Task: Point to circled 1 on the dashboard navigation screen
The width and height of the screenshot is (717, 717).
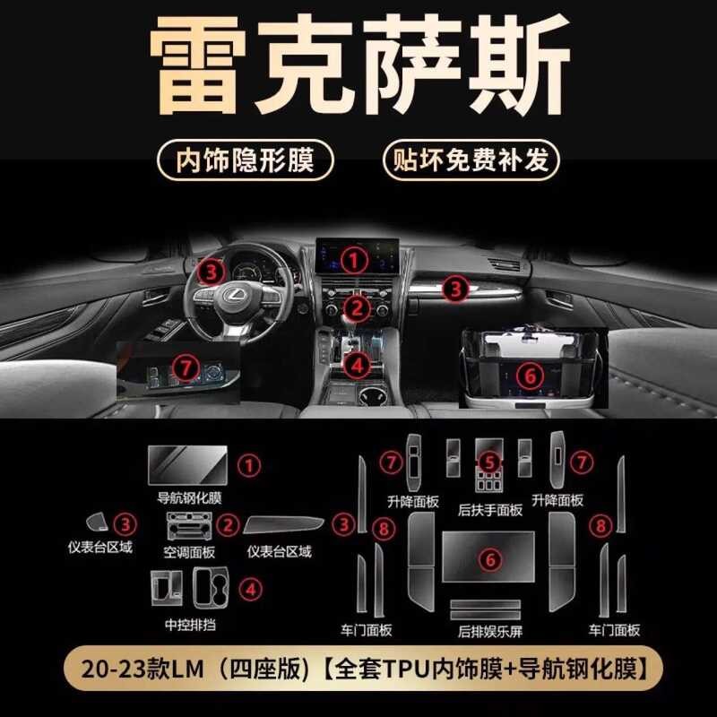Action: (x=358, y=260)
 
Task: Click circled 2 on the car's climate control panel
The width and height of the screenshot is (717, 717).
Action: (x=358, y=310)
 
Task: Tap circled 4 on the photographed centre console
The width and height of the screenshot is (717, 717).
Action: (x=357, y=365)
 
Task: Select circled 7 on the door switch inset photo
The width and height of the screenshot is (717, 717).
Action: (x=184, y=367)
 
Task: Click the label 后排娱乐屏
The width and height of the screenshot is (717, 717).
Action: (x=488, y=630)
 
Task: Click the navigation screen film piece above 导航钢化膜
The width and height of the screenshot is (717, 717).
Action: (x=186, y=464)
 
